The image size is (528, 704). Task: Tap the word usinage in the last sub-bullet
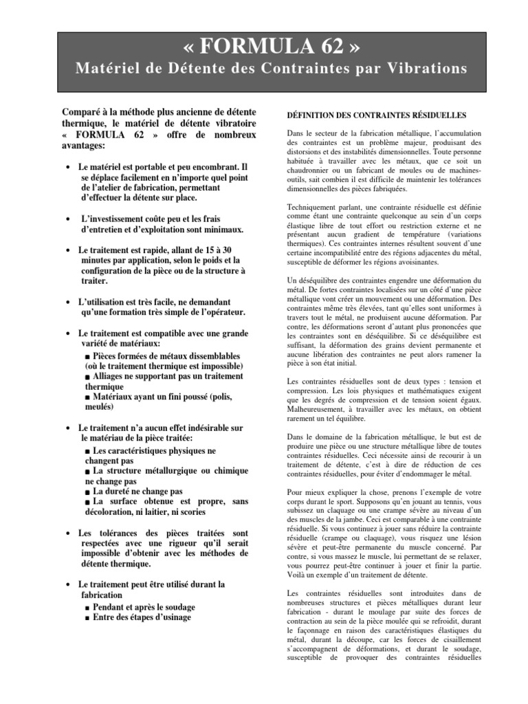pyautogui.click(x=175, y=617)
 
